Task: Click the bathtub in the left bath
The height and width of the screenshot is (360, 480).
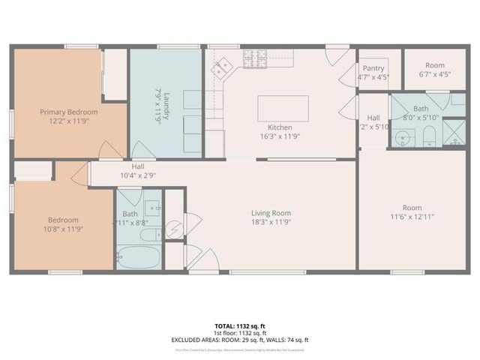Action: pos(139,256)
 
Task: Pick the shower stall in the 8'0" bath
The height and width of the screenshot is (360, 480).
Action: pos(453,131)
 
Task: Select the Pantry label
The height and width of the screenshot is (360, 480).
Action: pos(373,67)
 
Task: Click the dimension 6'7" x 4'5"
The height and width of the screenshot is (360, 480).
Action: pos(435,75)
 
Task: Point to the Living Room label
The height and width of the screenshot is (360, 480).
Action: pos(271,214)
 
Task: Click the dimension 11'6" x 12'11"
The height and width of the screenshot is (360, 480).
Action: pos(412,217)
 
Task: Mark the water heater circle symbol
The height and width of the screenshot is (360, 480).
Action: pos(175,226)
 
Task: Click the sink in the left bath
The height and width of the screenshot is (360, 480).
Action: pos(152,208)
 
